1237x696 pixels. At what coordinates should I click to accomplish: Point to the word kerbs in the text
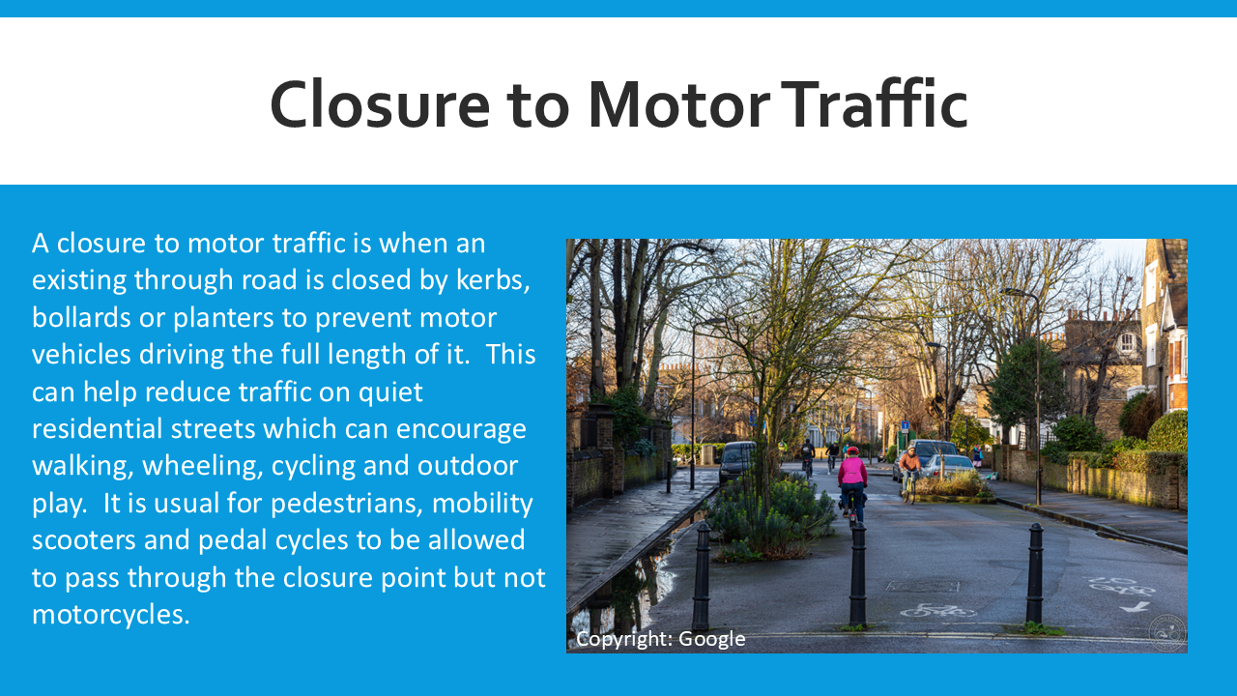[493, 280]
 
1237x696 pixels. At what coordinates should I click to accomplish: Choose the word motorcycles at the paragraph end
[110, 615]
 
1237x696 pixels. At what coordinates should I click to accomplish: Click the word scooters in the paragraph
[83, 540]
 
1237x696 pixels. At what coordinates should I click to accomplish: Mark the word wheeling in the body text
[202, 466]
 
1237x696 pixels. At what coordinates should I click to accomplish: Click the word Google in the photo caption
[711, 639]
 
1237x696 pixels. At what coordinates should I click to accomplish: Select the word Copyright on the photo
[624, 639]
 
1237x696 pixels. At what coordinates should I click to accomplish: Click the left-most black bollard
[702, 576]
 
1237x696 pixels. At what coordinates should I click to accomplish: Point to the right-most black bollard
[1034, 573]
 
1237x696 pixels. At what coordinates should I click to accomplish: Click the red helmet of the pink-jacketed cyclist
[852, 450]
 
